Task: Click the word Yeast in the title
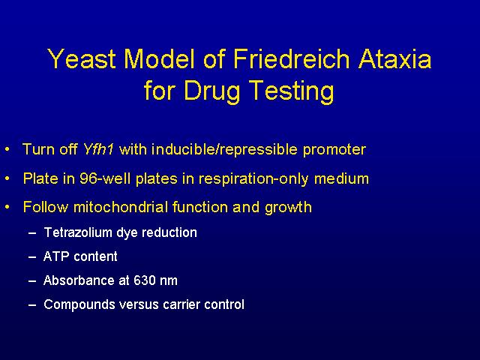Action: pyautogui.click(x=82, y=58)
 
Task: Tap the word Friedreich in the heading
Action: pyautogui.click(x=291, y=58)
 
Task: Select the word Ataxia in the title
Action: pyautogui.click(x=395, y=58)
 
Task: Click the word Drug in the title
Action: pyautogui.click(x=211, y=91)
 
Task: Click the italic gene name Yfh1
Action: pyautogui.click(x=98, y=149)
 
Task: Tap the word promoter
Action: pyautogui.click(x=334, y=150)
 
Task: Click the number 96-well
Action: pyautogui.click(x=105, y=178)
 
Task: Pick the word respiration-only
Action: pyautogui.click(x=253, y=179)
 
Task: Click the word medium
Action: pyautogui.click(x=342, y=178)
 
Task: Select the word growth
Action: pyautogui.click(x=288, y=208)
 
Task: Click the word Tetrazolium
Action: pyautogui.click(x=78, y=232)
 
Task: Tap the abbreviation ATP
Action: pyautogui.click(x=55, y=256)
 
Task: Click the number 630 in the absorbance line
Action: pyautogui.click(x=145, y=280)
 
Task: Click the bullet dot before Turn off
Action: pyautogui.click(x=7, y=150)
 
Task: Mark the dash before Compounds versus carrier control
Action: pyautogui.click(x=32, y=305)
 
